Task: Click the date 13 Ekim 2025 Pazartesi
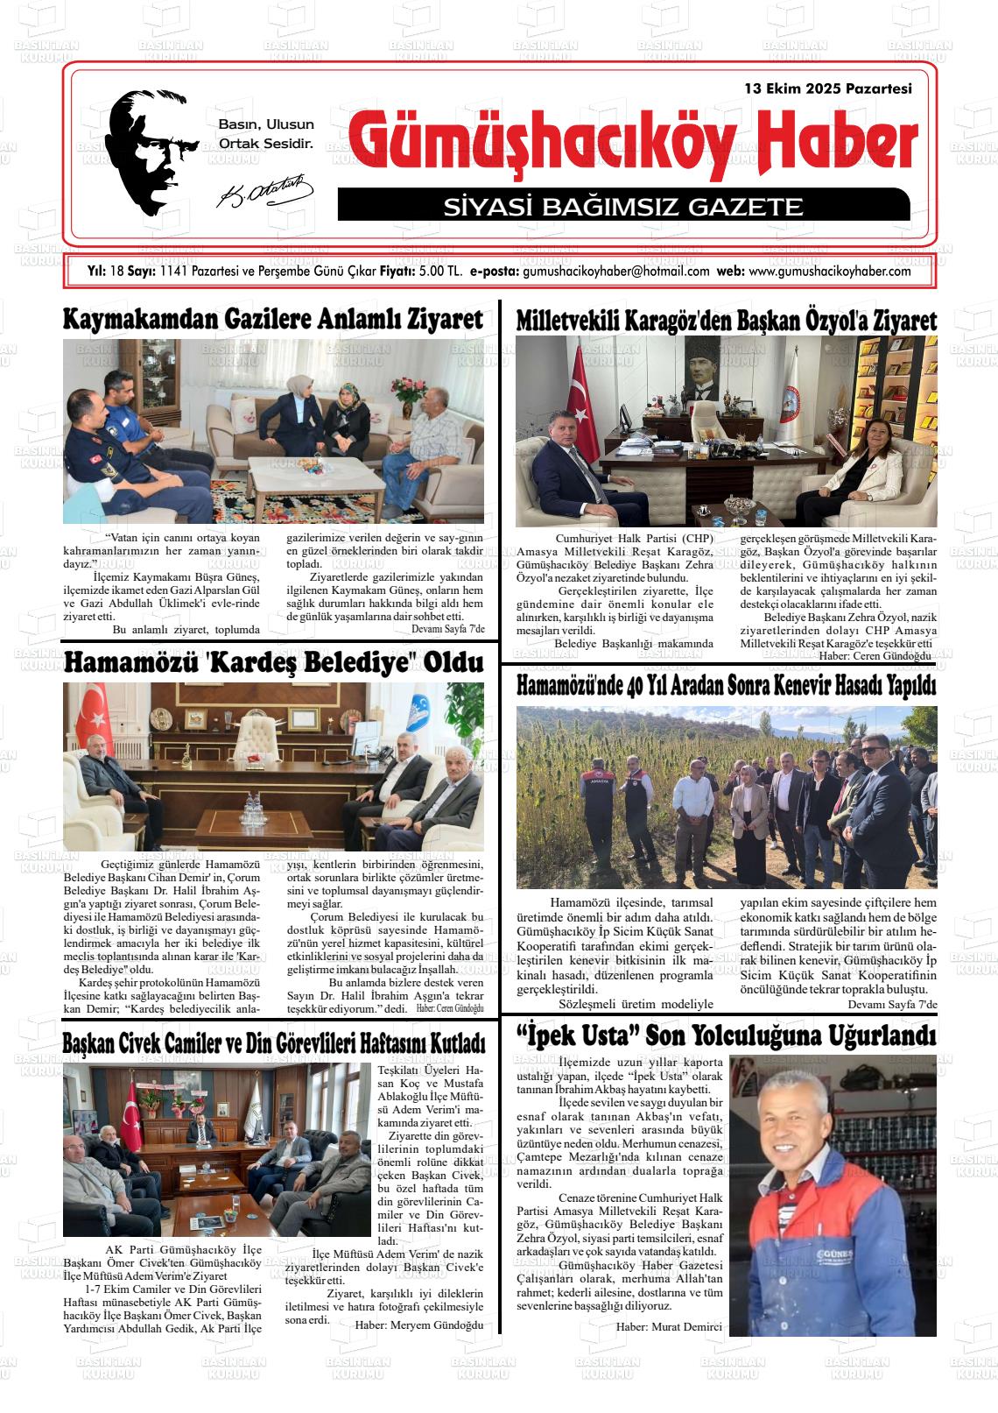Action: (x=827, y=88)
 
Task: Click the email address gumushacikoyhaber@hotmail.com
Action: (x=615, y=272)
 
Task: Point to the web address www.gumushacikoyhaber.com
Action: (x=830, y=272)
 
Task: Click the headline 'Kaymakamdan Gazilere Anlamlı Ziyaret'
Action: (x=272, y=320)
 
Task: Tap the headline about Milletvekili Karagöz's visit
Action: (x=726, y=321)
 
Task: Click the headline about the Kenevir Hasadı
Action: (x=726, y=686)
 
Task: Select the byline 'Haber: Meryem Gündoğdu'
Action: (x=418, y=1325)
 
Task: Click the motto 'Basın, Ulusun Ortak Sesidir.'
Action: (x=265, y=134)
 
